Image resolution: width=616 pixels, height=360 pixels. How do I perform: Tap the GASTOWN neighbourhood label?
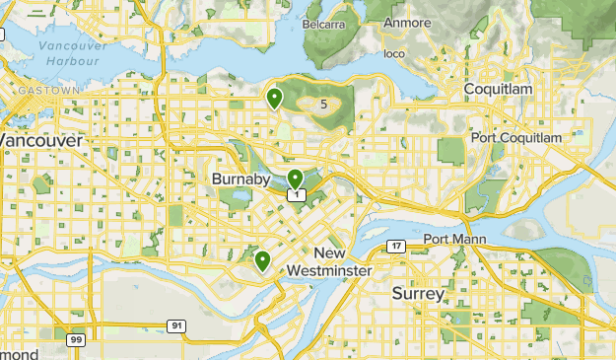point(46,90)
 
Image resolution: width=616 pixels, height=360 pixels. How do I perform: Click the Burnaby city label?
point(241,180)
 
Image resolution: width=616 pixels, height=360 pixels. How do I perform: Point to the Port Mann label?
point(449,240)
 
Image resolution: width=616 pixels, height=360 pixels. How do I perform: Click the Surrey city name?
point(418,294)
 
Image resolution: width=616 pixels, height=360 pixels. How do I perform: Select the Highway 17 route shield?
point(396,246)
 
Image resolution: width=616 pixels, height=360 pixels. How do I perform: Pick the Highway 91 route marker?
point(175,325)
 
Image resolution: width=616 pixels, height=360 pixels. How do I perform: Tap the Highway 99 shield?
point(75,339)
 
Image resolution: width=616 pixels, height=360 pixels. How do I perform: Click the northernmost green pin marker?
point(274,98)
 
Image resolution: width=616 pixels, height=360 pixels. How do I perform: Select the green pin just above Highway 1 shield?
point(295,179)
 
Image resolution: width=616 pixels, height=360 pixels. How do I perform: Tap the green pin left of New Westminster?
point(262,260)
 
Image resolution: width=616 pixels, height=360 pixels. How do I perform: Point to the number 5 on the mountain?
point(323,102)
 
